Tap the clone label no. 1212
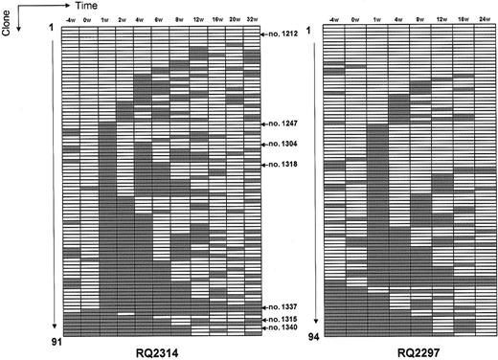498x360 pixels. pos(284,34)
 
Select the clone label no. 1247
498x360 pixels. pos(284,124)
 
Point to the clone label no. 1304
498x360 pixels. pos(284,145)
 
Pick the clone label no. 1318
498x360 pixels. pos(284,165)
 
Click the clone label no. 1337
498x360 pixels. pos(284,305)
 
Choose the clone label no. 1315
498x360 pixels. pos(284,318)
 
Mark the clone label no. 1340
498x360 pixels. pos(284,328)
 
